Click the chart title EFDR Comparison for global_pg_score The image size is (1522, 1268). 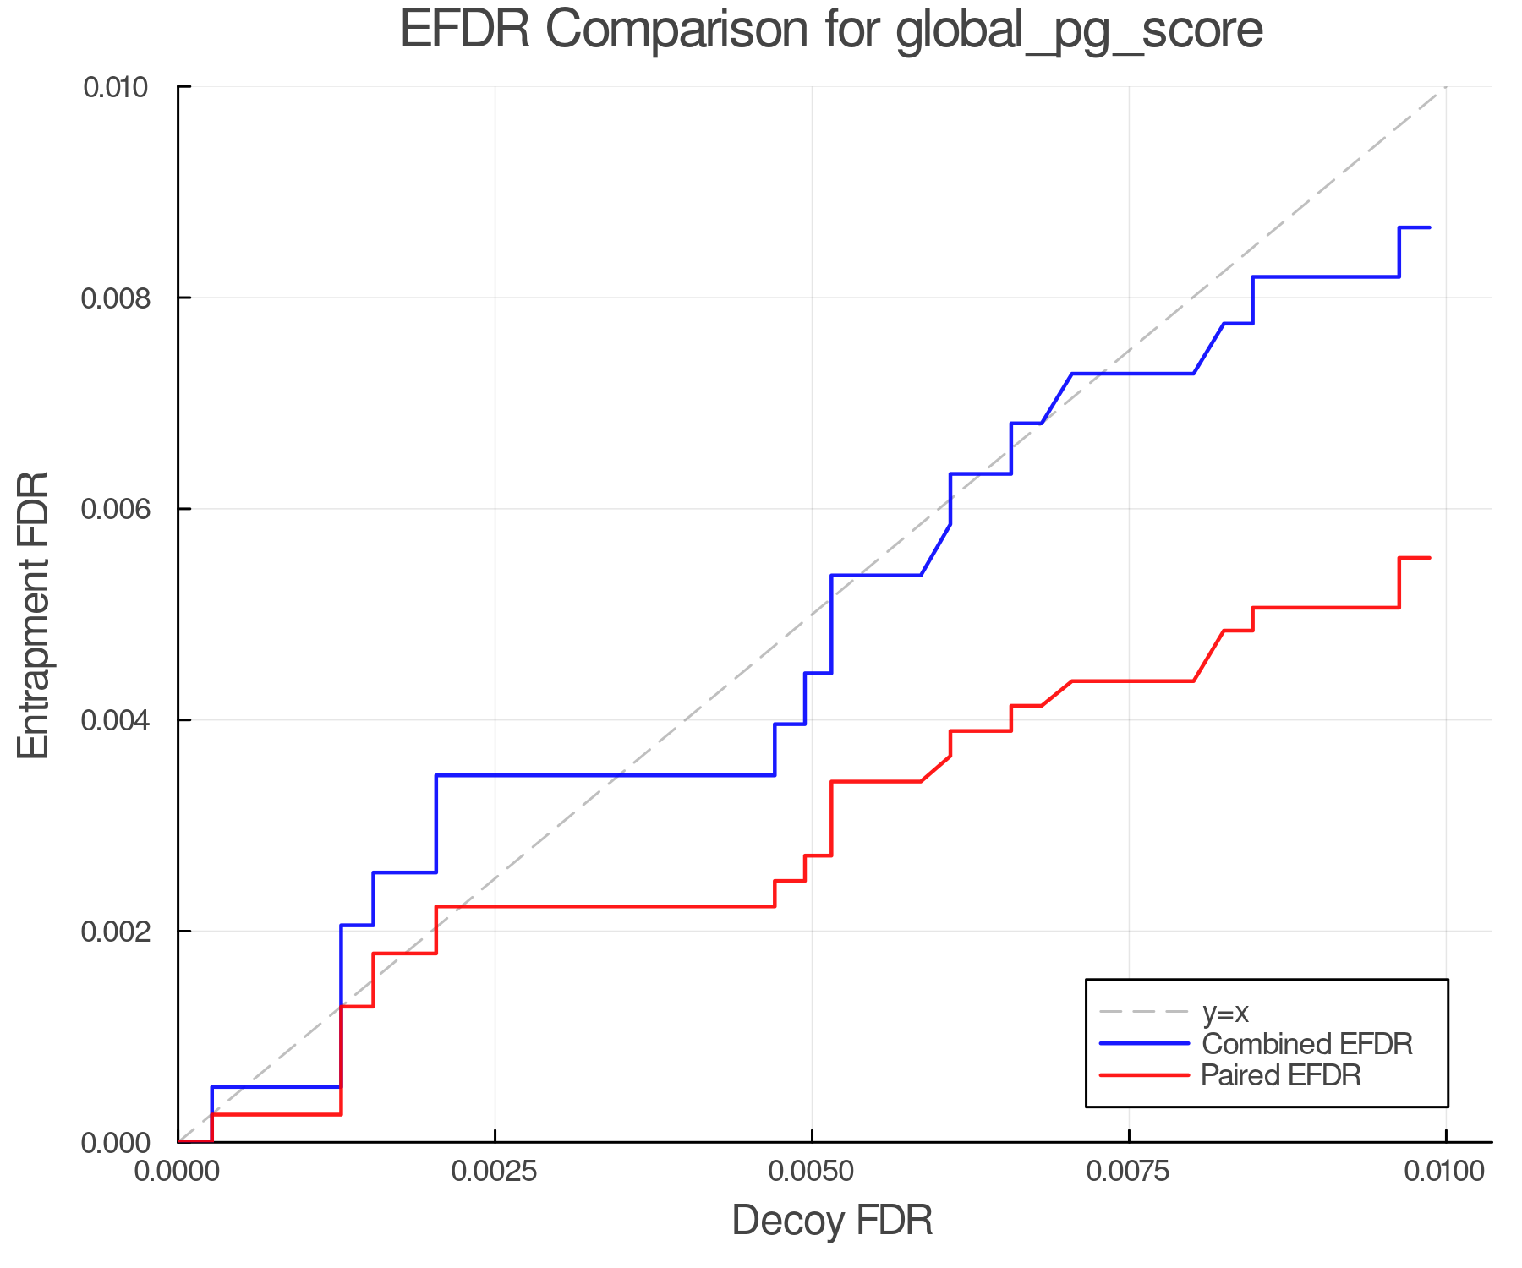tap(831, 30)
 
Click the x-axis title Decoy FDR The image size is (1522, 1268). tap(832, 1221)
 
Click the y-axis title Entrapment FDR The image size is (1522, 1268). tap(34, 615)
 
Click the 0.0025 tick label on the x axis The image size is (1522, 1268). tap(495, 1172)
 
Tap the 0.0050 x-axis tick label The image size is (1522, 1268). tap(812, 1172)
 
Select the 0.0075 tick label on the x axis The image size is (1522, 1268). tap(1129, 1172)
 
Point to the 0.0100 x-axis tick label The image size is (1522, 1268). tap(1445, 1172)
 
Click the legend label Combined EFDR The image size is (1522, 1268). tap(1307, 1044)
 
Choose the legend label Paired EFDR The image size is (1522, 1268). tap(1281, 1075)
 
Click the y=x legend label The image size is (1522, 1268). tap(1225, 1013)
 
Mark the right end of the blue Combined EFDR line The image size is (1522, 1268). tap(1430, 227)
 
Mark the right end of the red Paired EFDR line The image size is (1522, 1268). tap(1430, 558)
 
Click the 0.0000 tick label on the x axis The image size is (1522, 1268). tap(178, 1172)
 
